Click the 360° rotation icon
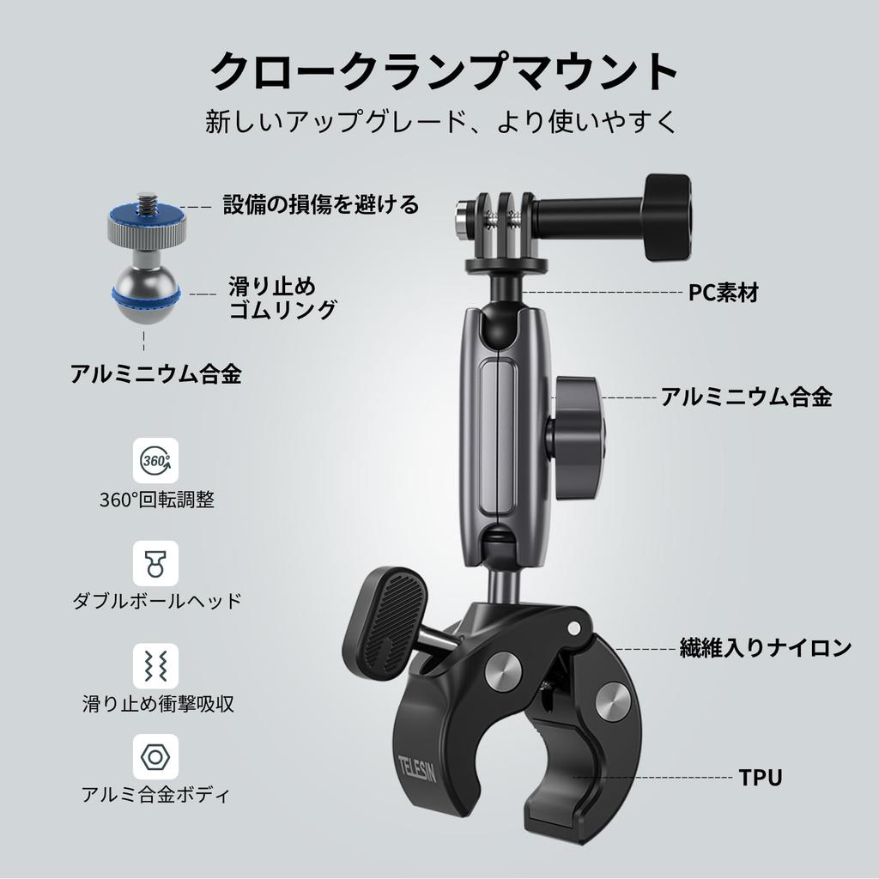coord(156,461)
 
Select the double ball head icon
coord(156,562)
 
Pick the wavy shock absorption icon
coord(156,665)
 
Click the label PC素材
coord(724,293)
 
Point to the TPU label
coord(761,779)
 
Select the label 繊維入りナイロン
coord(765,648)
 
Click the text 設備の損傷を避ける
coord(321,204)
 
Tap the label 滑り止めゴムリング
coord(282,297)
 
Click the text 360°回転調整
coord(156,500)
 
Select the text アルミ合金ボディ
coord(156,794)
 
